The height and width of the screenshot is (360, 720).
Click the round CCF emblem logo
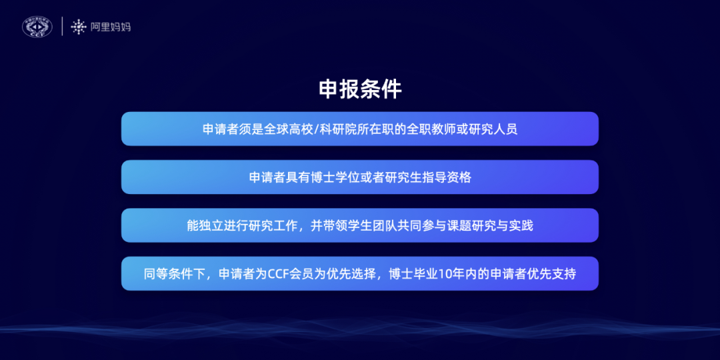click(37, 27)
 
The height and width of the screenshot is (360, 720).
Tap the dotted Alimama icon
click(79, 27)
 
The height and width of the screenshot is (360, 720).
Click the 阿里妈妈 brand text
click(110, 27)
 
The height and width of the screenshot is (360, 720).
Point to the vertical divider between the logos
click(62, 27)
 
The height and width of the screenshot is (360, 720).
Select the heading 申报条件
click(360, 89)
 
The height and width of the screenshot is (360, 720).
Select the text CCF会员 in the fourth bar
click(287, 273)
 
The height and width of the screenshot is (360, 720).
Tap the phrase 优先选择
click(352, 273)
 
